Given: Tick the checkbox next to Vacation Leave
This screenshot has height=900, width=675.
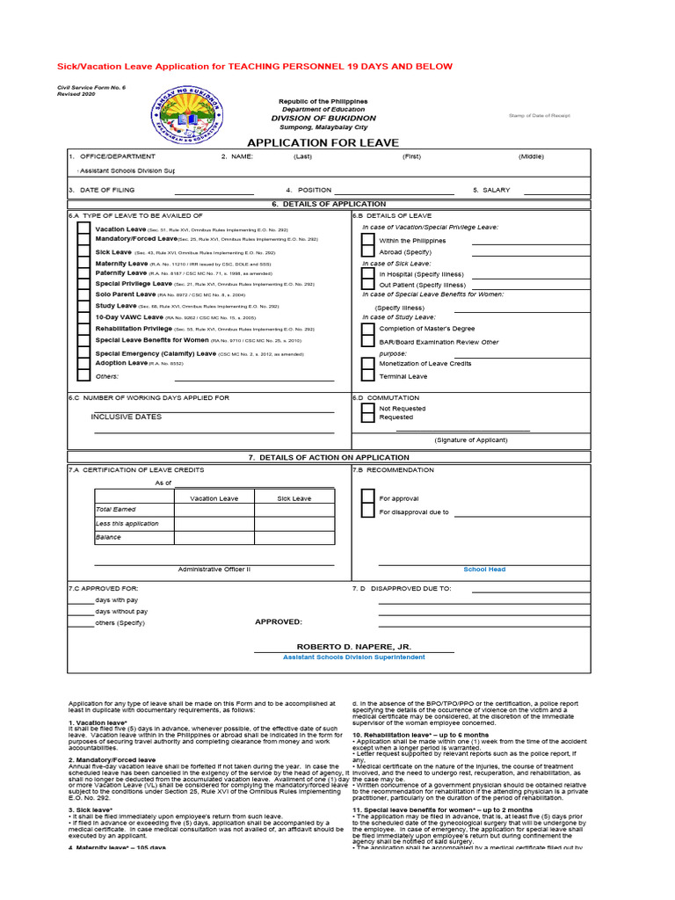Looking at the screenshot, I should click(x=83, y=229).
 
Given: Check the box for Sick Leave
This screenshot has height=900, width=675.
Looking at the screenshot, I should click(x=83, y=251).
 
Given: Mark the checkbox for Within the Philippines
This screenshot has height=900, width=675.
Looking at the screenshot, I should click(x=367, y=240).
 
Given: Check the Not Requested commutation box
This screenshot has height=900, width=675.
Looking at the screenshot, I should click(x=367, y=409).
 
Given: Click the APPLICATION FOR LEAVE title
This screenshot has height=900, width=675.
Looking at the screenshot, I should click(x=323, y=142).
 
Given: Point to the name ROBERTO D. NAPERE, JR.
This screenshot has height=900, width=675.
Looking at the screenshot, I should click(x=353, y=646).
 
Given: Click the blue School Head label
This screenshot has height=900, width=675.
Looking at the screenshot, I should click(x=484, y=570).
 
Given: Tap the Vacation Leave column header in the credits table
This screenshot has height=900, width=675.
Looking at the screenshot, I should click(x=214, y=498).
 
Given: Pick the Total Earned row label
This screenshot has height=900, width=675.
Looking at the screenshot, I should click(x=116, y=510).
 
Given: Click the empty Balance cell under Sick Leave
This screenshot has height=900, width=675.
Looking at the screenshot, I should click(x=294, y=537).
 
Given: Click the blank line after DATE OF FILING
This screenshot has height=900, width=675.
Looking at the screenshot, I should click(x=214, y=191).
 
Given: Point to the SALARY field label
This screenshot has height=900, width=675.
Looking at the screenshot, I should click(x=491, y=190).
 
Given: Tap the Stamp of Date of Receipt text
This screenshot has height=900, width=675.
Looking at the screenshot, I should click(x=540, y=116).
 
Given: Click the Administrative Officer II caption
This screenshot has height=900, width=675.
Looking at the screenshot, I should click(x=214, y=570).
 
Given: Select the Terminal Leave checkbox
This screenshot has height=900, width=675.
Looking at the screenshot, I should click(x=367, y=375).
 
